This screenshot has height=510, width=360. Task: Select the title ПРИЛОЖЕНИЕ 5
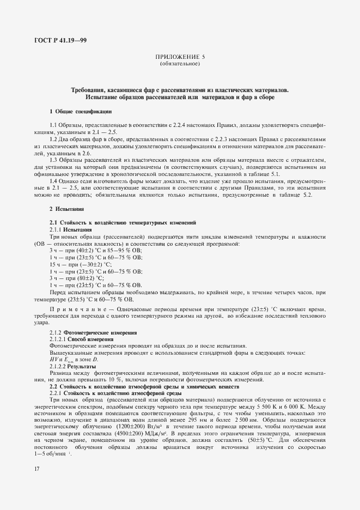coord(180,57)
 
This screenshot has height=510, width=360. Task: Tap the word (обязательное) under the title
coord(180,64)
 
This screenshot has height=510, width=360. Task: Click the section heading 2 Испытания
coord(66,209)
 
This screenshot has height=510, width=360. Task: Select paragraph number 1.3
coord(55,160)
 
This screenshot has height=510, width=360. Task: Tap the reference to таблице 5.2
coord(309,195)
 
